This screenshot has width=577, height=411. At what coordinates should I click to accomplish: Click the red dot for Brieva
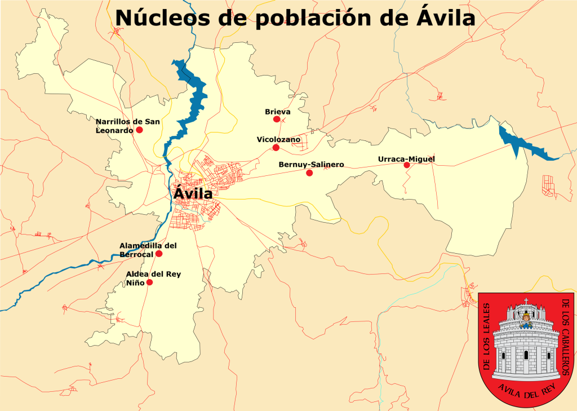coord(277,119)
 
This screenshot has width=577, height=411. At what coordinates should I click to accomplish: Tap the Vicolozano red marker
coord(276,148)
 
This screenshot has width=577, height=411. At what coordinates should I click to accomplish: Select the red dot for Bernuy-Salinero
coord(309,173)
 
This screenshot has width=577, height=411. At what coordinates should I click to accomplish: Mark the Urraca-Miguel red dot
coord(406,165)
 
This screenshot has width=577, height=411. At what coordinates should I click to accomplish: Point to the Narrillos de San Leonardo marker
coord(139,130)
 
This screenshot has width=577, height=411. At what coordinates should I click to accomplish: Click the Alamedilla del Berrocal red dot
coord(159,254)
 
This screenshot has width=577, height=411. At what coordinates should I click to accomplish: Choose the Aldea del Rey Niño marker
coord(149,282)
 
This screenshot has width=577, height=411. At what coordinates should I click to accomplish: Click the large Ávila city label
coord(193,193)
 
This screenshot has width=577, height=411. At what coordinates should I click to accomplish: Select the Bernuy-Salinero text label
coord(311,165)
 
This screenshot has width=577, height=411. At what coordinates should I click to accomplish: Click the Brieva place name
coord(277,112)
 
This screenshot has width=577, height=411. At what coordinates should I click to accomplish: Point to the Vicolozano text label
coord(278,139)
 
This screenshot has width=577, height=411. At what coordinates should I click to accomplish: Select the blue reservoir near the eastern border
coord(521,144)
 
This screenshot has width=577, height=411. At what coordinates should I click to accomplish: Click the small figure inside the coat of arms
coord(526,321)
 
